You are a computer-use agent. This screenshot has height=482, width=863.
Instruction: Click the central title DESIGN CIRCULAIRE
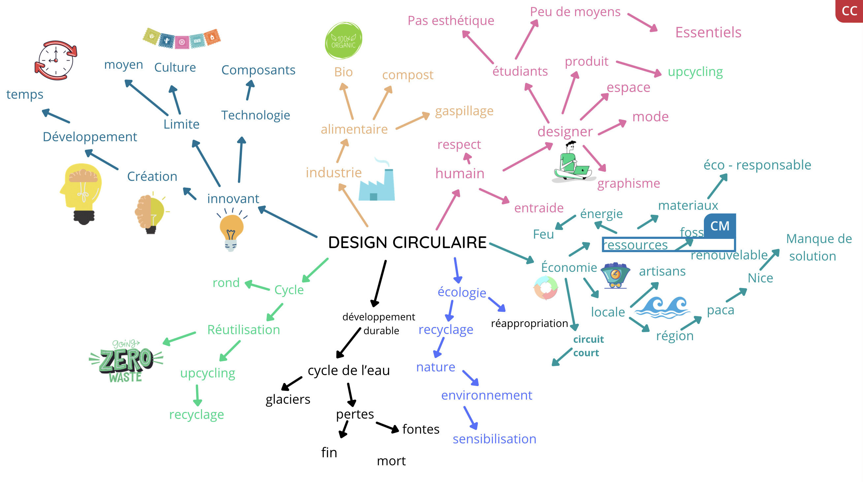click(x=407, y=242)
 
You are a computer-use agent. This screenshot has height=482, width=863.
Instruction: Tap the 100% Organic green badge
click(x=343, y=41)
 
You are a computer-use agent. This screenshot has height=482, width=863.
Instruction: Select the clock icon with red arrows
click(x=56, y=60)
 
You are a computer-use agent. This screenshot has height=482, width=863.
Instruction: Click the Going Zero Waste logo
click(x=126, y=362)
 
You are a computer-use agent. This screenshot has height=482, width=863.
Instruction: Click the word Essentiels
click(x=708, y=32)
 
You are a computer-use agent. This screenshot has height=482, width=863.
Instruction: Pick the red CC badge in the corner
click(x=849, y=11)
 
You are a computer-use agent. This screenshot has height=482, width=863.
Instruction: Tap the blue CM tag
click(x=720, y=226)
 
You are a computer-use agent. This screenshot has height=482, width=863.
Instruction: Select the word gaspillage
click(x=464, y=111)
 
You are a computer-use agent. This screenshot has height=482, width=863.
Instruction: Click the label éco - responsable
click(x=757, y=165)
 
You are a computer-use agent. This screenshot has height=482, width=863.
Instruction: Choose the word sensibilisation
click(x=494, y=439)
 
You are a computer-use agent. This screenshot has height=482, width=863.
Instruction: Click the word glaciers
click(x=288, y=399)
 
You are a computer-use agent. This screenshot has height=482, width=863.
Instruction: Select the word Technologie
click(x=255, y=115)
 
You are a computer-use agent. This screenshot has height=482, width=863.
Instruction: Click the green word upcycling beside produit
click(x=695, y=72)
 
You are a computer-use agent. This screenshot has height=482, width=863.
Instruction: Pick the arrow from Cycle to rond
click(x=257, y=286)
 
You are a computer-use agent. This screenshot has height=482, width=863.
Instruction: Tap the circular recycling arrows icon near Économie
click(x=545, y=288)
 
